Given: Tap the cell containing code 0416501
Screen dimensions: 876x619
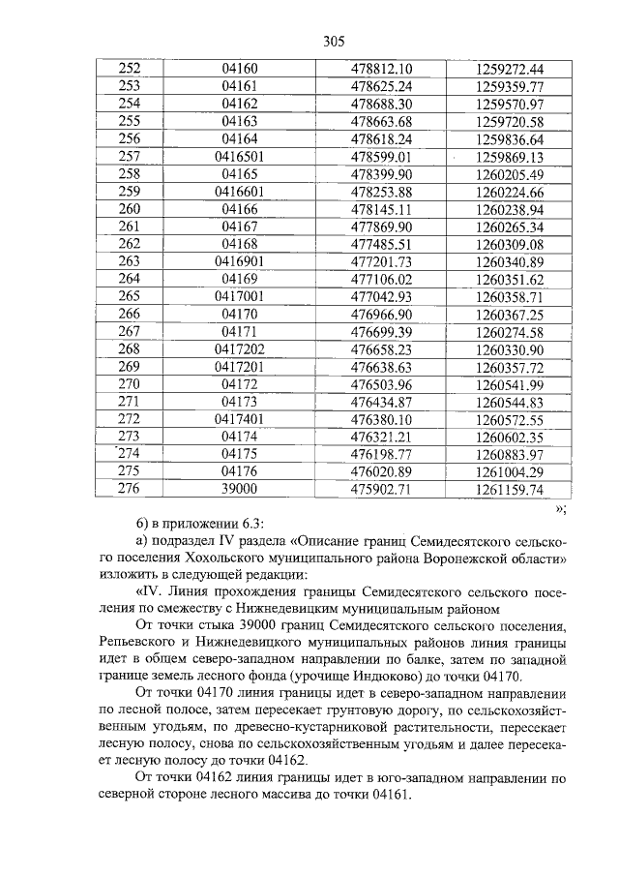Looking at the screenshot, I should (240, 156).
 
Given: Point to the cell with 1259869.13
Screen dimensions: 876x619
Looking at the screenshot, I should (510, 156).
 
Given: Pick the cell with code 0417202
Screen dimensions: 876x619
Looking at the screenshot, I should (240, 348).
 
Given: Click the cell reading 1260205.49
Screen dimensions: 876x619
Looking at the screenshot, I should (510, 174).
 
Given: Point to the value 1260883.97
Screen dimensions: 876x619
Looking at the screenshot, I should (510, 454).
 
